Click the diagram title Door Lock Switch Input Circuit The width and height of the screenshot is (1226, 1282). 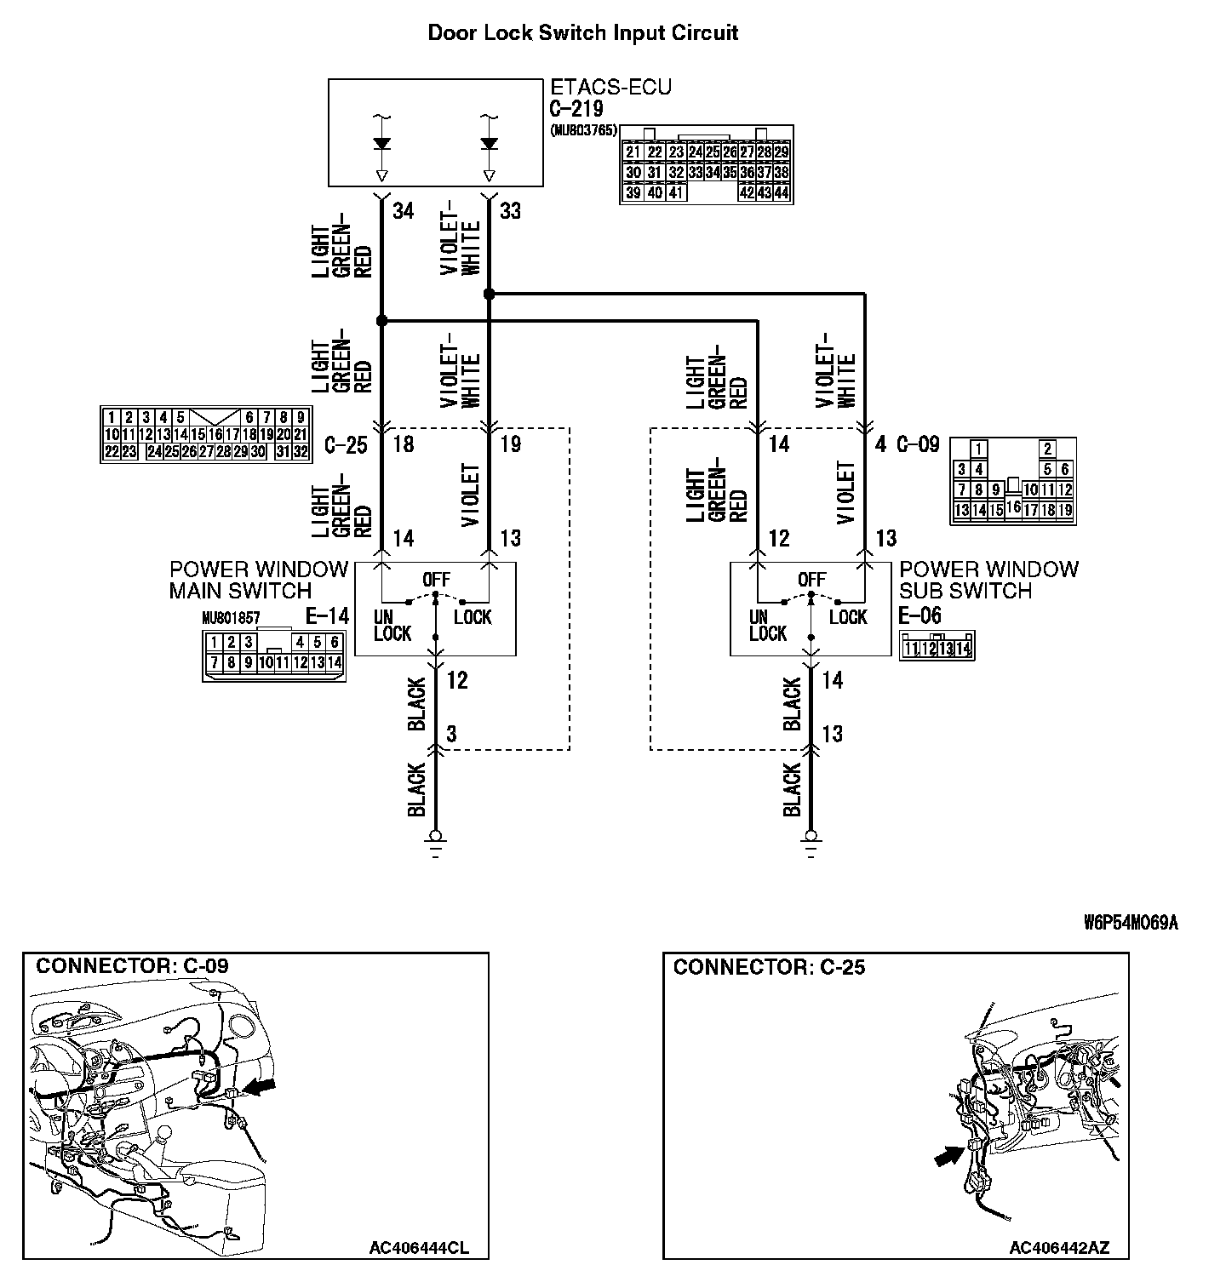582,33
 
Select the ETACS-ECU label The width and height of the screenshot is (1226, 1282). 610,87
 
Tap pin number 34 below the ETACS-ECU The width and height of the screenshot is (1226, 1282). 403,211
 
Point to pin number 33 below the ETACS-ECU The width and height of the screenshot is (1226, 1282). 510,211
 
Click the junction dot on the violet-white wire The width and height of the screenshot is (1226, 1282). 489,294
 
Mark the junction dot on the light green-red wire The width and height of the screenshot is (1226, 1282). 381,321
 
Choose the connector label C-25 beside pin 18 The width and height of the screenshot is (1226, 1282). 346,444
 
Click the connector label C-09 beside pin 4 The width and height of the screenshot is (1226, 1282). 918,444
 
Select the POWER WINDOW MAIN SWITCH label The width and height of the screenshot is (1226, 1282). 258,580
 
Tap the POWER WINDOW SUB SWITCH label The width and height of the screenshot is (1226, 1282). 988,580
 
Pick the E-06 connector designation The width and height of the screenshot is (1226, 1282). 919,615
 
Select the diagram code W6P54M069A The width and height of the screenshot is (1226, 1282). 1131,923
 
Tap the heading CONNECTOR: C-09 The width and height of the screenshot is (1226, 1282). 132,966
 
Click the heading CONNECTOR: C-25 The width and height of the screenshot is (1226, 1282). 769,967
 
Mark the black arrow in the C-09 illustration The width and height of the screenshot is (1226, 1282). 261,1085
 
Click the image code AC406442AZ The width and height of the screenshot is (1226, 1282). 1059,1248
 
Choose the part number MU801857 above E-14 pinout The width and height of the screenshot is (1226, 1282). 231,618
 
